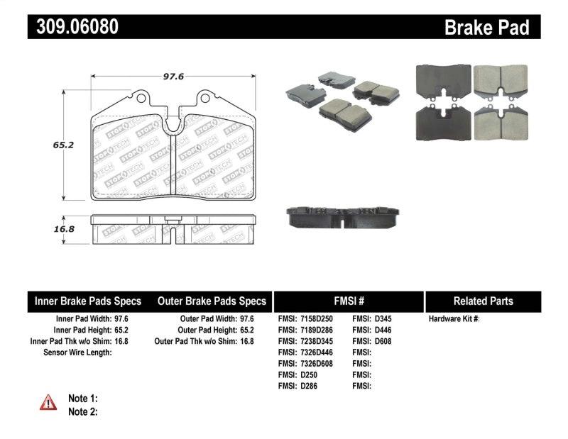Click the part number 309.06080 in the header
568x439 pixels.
(72, 27)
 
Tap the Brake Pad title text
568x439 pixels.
(486, 27)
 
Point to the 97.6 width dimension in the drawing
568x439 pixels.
(174, 77)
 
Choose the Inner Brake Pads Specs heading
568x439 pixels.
(88, 301)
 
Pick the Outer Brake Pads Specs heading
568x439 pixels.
(212, 301)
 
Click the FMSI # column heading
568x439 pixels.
(348, 301)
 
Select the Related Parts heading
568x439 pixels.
(483, 301)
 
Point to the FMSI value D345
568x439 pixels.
(382, 319)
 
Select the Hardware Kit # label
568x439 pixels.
(454, 319)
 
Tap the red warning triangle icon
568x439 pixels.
(48, 403)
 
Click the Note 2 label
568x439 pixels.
(82, 411)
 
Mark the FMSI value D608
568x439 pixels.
(382, 341)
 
